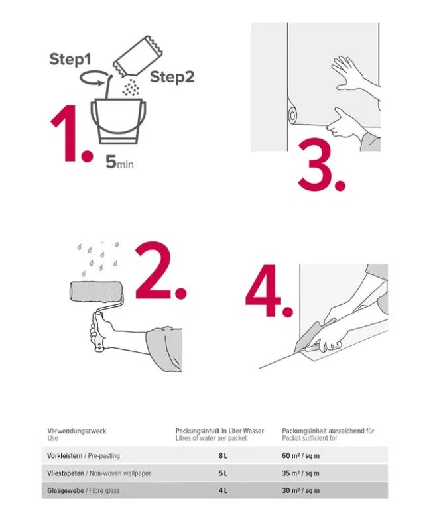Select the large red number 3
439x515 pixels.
(x=322, y=164)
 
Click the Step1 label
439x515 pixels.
(x=70, y=60)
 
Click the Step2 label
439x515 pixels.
(x=172, y=77)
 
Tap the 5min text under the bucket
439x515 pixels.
(x=119, y=162)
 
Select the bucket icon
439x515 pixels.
(x=118, y=121)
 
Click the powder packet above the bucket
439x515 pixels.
(x=138, y=56)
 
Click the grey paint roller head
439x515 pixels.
(x=95, y=292)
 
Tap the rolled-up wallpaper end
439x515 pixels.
(x=292, y=115)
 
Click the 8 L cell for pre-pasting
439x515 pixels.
(x=223, y=456)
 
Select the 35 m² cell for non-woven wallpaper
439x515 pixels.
(x=300, y=473)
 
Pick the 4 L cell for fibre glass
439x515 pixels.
(x=223, y=490)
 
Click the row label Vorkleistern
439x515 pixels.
(x=65, y=456)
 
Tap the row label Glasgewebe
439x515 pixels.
(x=66, y=491)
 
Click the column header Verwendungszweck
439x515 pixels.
(x=76, y=431)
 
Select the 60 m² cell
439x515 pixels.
(x=300, y=456)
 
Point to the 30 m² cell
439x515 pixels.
(x=300, y=490)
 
